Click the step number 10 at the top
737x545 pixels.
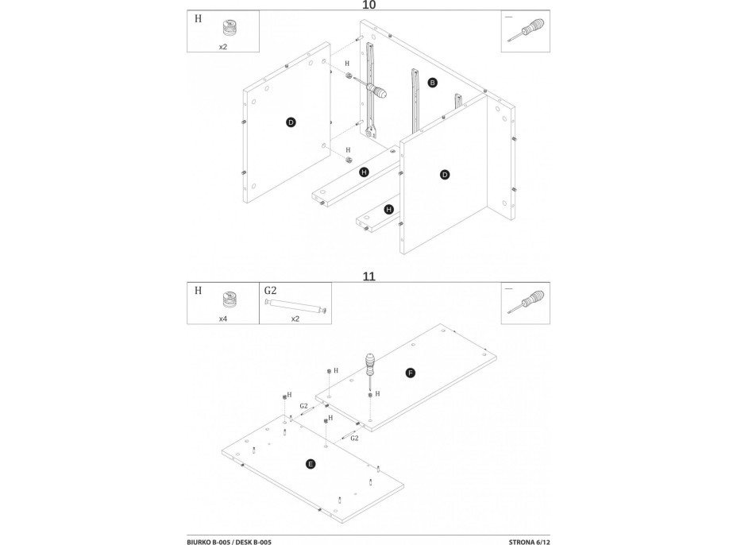(368, 5)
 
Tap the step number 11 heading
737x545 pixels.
(368, 277)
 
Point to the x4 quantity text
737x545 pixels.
(223, 318)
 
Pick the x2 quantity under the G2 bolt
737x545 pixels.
(295, 318)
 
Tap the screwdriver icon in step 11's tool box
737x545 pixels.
(528, 305)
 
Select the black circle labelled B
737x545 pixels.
(433, 83)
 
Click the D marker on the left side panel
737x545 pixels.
(291, 122)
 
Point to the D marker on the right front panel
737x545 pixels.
(445, 174)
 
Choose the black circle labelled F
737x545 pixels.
(411, 372)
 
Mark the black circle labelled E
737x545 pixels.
(311, 462)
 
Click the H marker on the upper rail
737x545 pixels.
(364, 172)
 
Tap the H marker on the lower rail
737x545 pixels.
(389, 210)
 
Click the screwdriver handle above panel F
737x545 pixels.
(369, 366)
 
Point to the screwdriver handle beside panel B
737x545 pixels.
(379, 92)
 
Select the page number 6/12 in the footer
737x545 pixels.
(538, 541)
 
